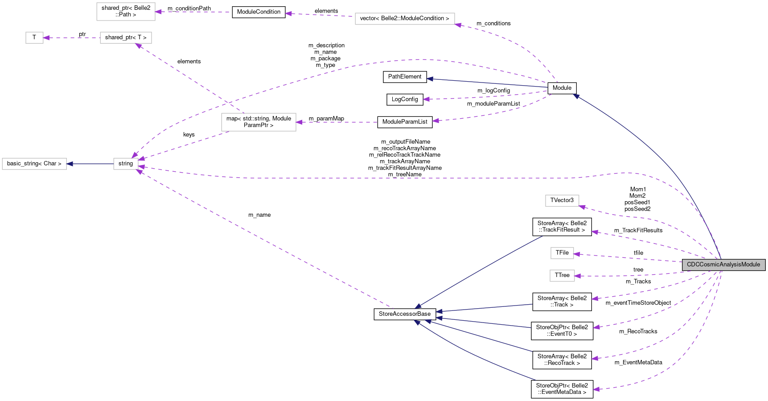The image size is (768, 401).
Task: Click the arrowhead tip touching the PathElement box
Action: [427, 79]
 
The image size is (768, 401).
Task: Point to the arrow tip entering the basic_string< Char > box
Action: [66, 164]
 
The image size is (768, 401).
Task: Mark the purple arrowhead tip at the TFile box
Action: [574, 254]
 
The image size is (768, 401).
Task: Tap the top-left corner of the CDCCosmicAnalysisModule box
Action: [682, 259]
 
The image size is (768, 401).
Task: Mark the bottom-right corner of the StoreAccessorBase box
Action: [436, 320]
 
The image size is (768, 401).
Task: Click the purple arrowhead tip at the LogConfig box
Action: [423, 99]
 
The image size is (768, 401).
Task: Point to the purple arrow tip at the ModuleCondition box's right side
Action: [285, 13]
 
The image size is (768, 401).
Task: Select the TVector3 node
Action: [562, 200]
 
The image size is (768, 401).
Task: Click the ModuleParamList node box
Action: [405, 122]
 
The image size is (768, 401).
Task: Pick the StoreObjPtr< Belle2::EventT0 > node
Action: [562, 331]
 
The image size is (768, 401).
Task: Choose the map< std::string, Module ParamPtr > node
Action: [259, 122]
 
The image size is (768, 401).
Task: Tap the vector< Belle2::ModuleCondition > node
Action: [405, 19]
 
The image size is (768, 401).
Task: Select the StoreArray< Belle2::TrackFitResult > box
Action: [562, 227]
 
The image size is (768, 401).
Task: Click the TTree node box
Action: [562, 275]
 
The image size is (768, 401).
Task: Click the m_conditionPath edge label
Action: [189, 8]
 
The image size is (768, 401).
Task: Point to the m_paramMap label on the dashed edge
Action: [326, 119]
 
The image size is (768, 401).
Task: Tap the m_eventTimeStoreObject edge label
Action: [638, 303]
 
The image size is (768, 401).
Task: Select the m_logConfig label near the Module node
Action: [493, 91]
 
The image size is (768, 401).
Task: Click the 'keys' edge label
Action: [189, 135]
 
